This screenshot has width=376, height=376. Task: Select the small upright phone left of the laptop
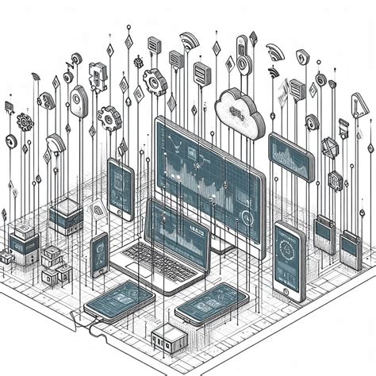coord(100,255)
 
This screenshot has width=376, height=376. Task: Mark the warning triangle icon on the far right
coord(359,106)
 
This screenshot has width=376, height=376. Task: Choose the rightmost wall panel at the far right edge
coord(350,244)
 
